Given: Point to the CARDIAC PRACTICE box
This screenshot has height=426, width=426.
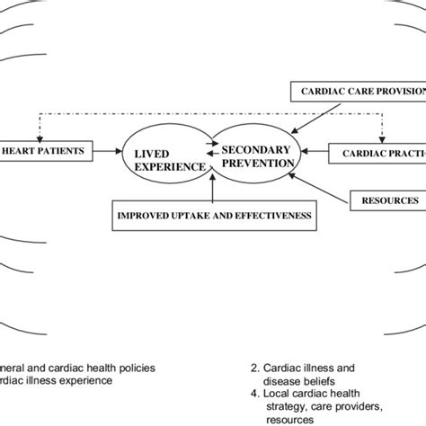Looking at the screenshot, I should pyautogui.click(x=381, y=154).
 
